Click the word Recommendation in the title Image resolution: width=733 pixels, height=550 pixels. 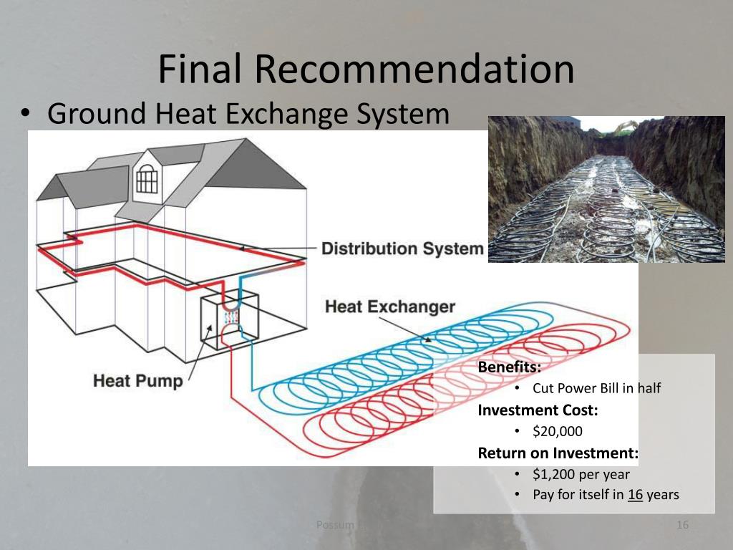414,69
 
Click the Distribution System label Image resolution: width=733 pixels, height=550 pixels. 402,249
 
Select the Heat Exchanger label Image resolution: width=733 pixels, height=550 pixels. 390,307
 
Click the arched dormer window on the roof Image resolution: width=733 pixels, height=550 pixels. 147,178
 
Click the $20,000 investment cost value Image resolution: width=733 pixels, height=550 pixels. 558,431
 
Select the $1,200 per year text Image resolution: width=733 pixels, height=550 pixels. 581,473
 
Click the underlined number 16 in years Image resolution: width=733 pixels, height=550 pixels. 635,494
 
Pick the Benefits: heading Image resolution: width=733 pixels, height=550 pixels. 510,367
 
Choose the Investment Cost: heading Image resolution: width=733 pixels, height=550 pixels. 538,410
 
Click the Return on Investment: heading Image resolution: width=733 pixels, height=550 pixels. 558,453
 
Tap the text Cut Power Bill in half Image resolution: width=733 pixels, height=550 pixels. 596,388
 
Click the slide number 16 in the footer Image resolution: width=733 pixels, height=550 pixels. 682,526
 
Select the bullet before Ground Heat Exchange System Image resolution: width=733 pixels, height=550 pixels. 26,114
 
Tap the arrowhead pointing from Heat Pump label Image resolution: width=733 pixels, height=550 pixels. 210,328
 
